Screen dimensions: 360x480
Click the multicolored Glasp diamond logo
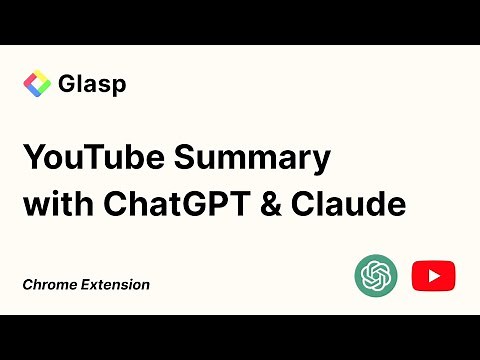tap(37, 84)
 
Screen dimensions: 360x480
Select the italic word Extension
tap(115, 285)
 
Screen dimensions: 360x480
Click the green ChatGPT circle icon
tap(376, 275)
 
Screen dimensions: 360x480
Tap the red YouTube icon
tap(433, 275)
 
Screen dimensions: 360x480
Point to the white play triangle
tap(434, 275)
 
